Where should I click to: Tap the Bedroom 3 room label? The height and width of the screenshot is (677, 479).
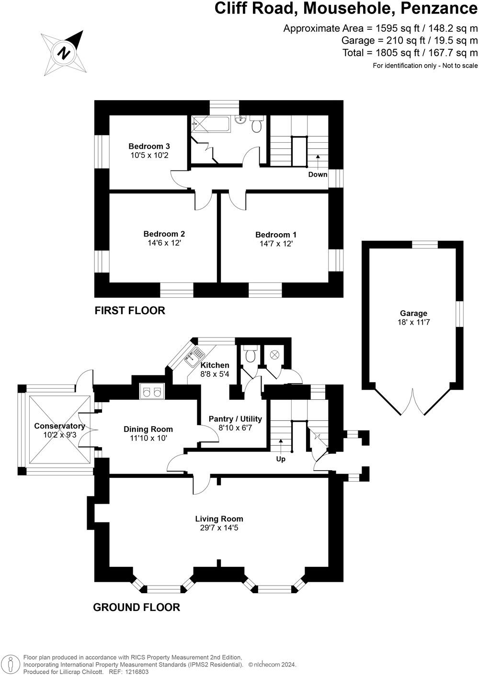tap(149, 147)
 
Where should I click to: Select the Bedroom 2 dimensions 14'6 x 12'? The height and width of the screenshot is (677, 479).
tap(164, 243)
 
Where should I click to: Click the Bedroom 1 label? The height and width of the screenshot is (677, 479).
tap(276, 235)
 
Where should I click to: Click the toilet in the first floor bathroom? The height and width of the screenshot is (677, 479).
tap(256, 125)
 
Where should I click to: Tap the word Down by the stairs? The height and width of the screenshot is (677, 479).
tap(318, 174)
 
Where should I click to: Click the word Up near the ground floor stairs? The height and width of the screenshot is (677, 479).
tap(281, 459)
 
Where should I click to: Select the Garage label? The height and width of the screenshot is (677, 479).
tap(413, 314)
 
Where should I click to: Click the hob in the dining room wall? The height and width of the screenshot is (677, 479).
tap(152, 392)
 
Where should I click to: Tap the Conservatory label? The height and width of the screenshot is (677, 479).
tap(59, 426)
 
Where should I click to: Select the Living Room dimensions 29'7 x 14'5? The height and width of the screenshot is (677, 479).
tap(219, 528)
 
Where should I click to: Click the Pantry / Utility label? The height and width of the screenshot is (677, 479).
tap(235, 419)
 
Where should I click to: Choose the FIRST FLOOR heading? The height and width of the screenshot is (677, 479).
tap(130, 311)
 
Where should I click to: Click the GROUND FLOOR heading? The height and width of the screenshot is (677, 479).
tap(137, 608)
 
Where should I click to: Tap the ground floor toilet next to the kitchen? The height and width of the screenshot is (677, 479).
tap(250, 356)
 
